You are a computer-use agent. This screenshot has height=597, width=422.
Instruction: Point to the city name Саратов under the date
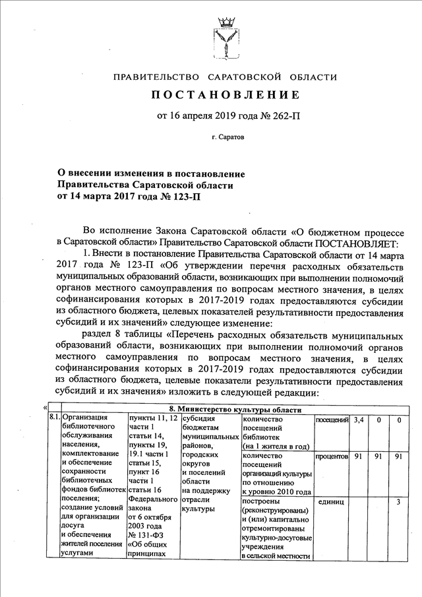pos(227,140)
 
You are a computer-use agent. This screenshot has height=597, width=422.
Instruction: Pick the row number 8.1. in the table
pos(53,419)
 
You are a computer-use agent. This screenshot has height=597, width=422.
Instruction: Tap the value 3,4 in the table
pos(359,419)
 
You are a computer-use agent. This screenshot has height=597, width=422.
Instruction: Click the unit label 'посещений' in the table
pos(332,419)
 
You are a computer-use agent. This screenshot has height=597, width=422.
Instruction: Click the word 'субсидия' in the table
pos(199,419)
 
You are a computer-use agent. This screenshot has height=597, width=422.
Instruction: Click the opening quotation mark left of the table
pos(44,408)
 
